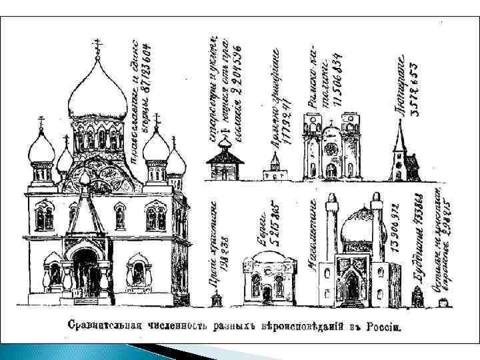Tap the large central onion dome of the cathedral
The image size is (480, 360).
click(x=97, y=93)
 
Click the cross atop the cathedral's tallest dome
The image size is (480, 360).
click(x=97, y=46)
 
